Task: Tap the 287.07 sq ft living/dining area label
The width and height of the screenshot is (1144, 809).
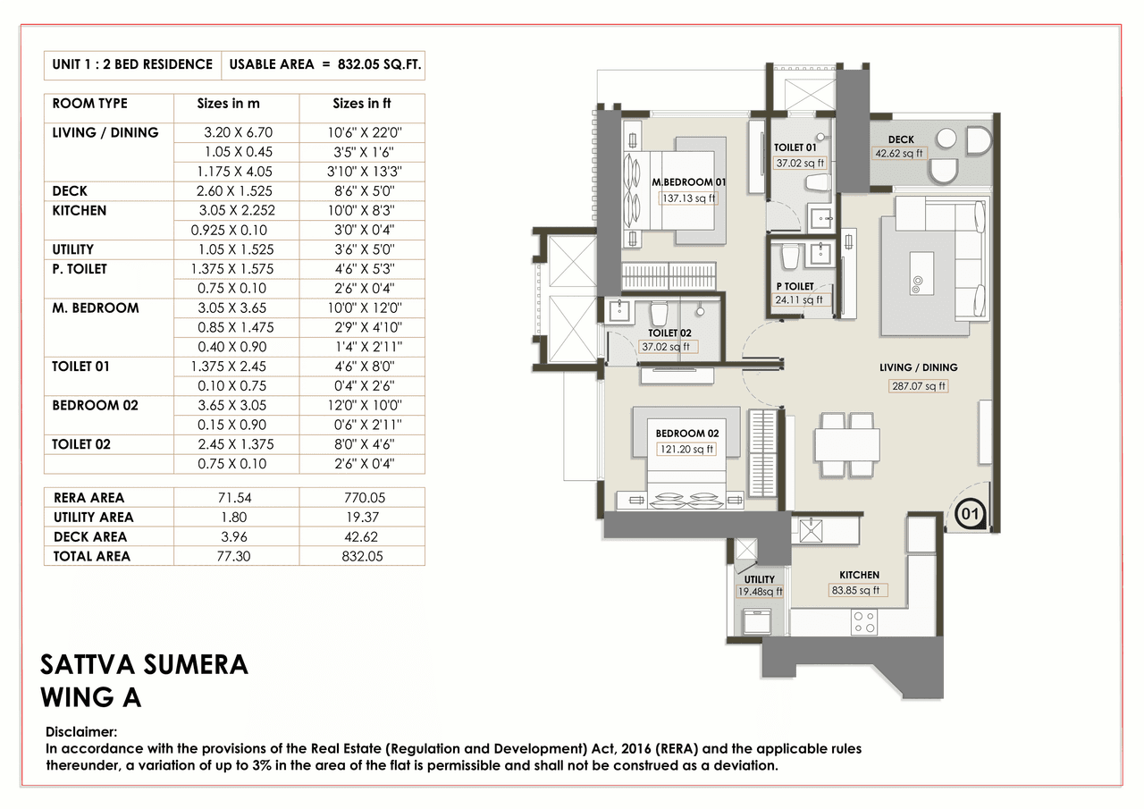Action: tap(917, 386)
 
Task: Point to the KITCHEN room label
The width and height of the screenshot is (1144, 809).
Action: tap(859, 575)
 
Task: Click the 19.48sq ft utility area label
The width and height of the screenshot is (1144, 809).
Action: tap(759, 592)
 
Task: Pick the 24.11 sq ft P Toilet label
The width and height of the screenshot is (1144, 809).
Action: tap(800, 300)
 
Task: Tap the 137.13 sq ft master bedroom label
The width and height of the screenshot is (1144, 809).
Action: tap(688, 198)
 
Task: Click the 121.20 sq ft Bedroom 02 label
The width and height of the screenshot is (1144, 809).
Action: tap(686, 450)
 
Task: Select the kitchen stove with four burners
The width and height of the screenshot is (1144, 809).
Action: tap(863, 622)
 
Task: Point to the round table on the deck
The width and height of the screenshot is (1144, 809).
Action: tap(946, 139)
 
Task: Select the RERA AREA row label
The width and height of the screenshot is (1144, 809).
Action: tap(88, 497)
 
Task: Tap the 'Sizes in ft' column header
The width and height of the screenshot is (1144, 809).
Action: tap(361, 104)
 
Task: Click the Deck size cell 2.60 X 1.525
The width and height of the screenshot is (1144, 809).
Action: tap(237, 190)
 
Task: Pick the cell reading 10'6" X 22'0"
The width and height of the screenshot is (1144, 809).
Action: tap(361, 132)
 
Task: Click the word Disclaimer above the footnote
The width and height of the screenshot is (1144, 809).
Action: tap(81, 731)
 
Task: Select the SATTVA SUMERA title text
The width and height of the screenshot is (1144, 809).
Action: tap(144, 664)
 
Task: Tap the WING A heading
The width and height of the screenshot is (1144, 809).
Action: tap(91, 697)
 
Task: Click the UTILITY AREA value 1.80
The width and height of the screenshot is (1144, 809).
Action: tap(237, 517)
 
